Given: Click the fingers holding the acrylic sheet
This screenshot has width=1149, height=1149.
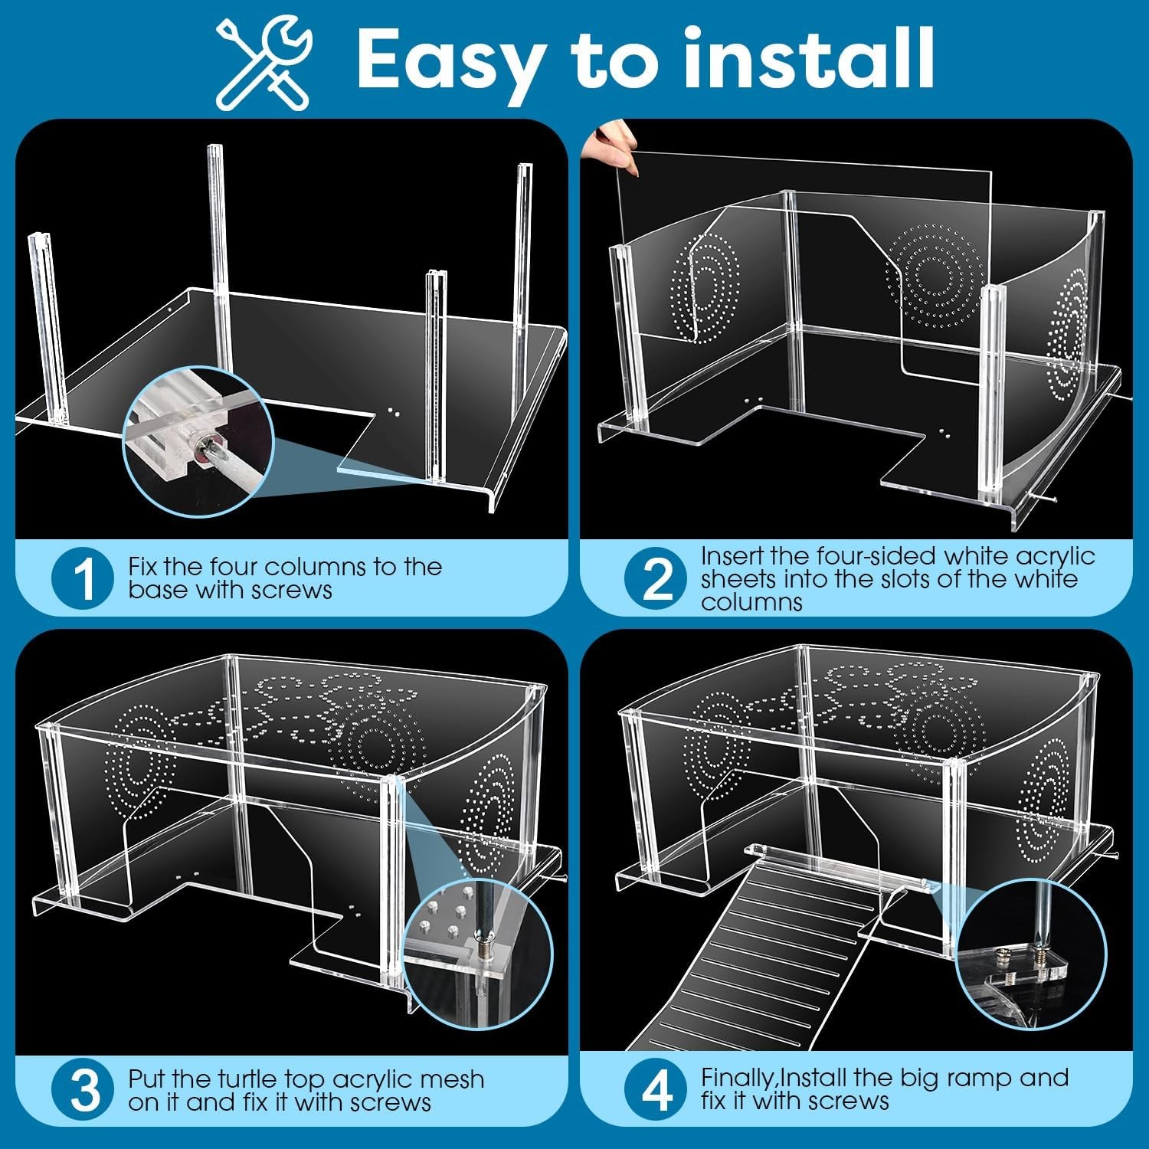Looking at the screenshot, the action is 610,146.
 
